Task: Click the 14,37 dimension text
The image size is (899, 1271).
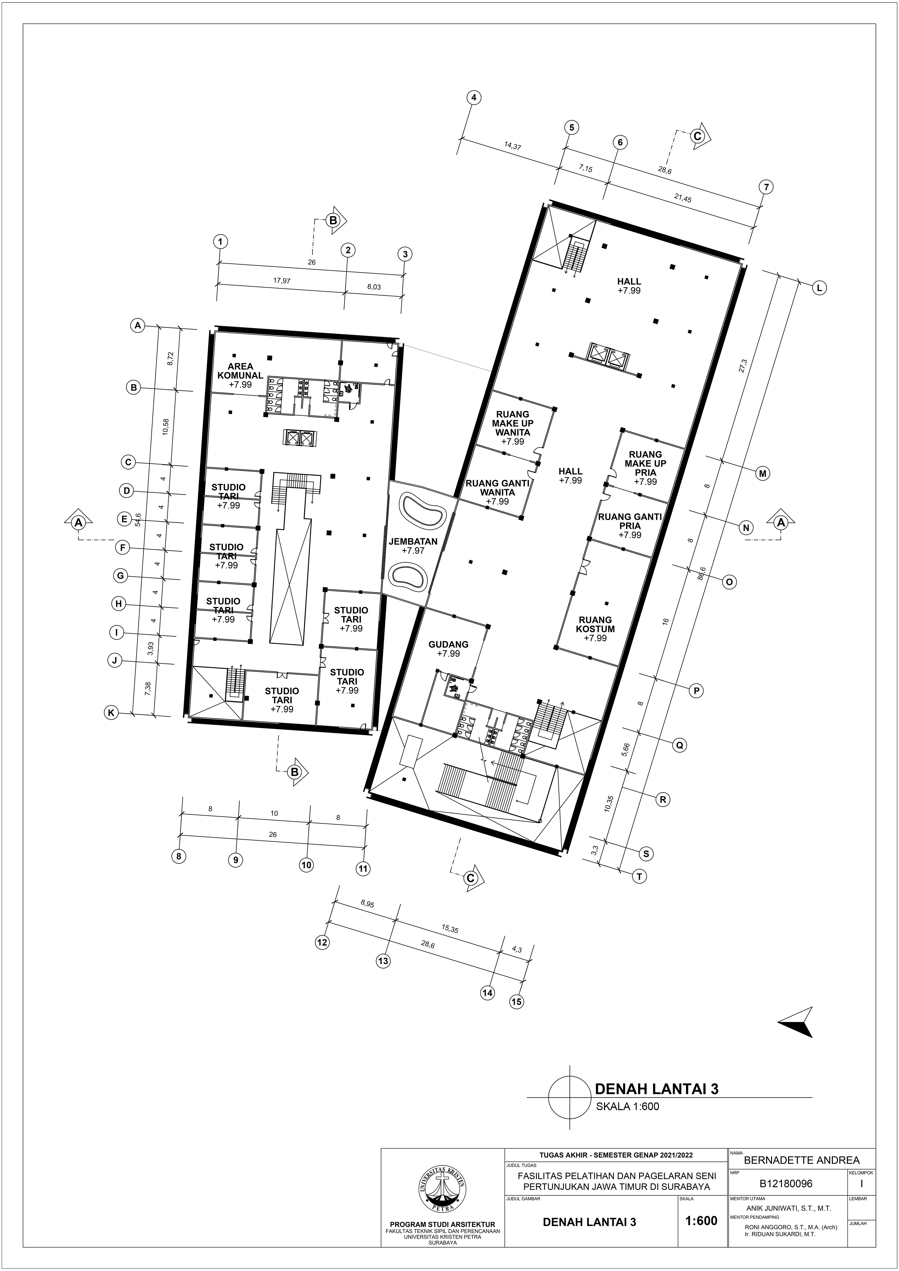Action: [513, 146]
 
